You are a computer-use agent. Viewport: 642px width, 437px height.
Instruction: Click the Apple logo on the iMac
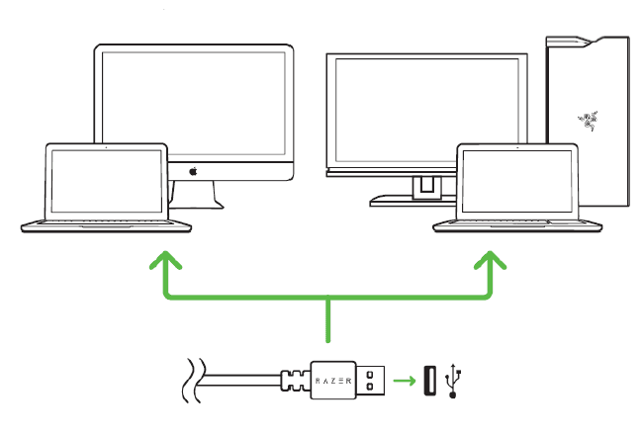coord(194,171)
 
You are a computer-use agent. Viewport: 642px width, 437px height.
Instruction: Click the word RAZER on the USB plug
coord(333,380)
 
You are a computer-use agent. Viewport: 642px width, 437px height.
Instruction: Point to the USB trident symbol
coord(456,380)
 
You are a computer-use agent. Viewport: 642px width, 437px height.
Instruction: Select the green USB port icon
coord(428,380)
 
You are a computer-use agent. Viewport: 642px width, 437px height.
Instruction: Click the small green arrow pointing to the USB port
coord(403,380)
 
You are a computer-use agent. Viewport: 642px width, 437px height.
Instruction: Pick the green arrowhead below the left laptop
coord(165,260)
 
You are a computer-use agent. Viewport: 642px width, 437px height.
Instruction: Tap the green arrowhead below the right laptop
coord(491,260)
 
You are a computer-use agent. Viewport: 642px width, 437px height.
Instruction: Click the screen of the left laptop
coord(107,181)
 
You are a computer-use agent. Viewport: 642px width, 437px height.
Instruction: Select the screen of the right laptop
coord(518,181)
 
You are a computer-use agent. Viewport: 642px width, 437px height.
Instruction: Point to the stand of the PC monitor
coord(425,188)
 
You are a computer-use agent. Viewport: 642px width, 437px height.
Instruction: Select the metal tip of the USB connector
coord(371,380)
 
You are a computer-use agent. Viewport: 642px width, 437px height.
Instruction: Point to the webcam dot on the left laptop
coord(107,148)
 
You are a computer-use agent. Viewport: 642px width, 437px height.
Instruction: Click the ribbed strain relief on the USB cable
coord(296,380)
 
